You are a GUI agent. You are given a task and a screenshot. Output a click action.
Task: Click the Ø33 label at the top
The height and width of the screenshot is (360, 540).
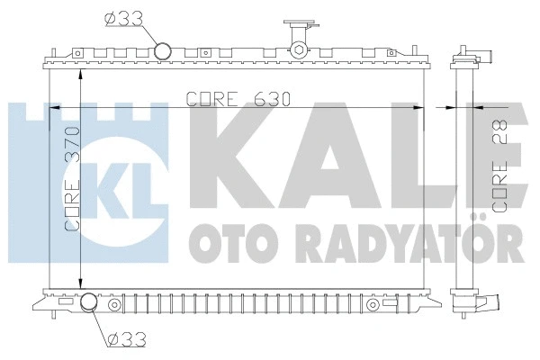pos(122,17)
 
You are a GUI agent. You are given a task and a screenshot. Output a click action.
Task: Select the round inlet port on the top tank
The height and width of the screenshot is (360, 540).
pos(163,50)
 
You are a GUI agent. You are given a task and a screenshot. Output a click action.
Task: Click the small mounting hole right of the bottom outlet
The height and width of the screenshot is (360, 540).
pos(114,305)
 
